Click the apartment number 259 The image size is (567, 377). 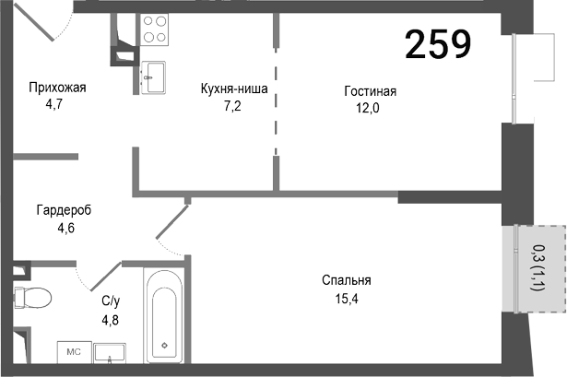tap(438, 43)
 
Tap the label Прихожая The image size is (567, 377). tap(57, 88)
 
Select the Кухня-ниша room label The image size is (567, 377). tap(234, 89)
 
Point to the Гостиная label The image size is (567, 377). tap(370, 91)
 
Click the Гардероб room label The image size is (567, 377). tap(65, 210)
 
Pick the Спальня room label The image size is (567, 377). tap(346, 281)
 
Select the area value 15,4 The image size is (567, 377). tap(346, 297)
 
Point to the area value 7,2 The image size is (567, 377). tap(234, 105)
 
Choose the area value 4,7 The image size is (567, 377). tap(57, 104)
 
